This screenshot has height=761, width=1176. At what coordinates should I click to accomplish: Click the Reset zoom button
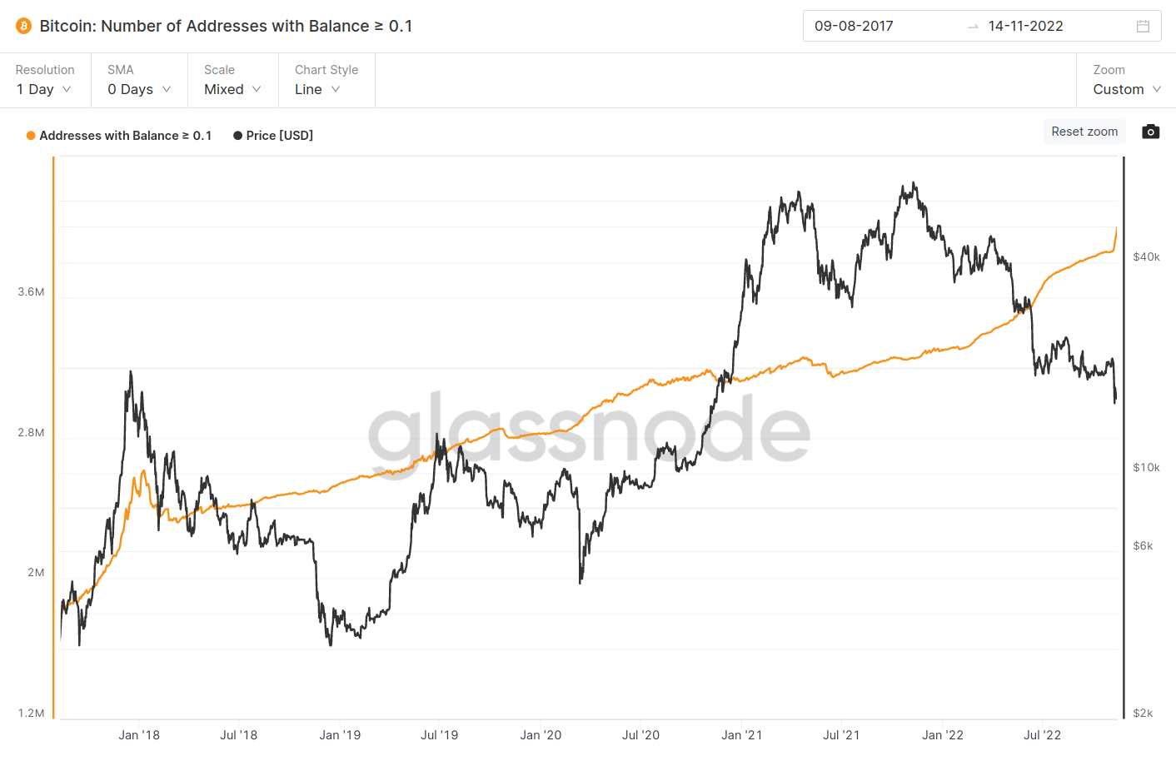click(1084, 132)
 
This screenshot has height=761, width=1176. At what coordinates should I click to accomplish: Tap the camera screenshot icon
click(1150, 132)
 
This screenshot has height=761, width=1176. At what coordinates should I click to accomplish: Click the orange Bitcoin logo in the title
click(23, 26)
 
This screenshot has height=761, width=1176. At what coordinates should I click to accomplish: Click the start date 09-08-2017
click(854, 26)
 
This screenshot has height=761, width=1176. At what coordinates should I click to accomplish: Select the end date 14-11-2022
click(1025, 26)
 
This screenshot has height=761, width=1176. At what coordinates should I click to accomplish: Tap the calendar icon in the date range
click(1143, 26)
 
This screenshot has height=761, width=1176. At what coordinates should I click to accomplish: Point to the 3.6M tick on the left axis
click(31, 292)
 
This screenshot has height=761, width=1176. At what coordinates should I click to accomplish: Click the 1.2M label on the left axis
click(31, 713)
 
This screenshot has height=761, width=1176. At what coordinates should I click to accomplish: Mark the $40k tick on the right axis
click(1146, 257)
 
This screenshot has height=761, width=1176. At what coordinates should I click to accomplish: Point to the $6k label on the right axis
click(1143, 546)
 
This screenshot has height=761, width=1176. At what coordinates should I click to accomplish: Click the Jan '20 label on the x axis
click(541, 735)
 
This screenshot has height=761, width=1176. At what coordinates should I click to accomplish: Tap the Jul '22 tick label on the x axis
click(1042, 735)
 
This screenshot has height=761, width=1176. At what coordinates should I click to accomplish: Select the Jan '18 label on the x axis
click(139, 735)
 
